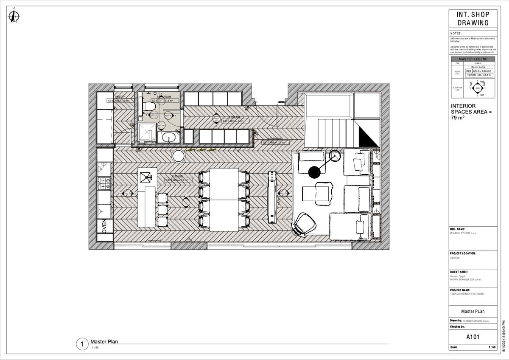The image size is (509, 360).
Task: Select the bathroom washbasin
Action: (x=168, y=138)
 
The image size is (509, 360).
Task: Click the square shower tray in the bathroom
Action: (x=147, y=134)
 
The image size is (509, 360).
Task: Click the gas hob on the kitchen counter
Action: (x=104, y=183)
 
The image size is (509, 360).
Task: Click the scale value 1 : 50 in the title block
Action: (x=492, y=347)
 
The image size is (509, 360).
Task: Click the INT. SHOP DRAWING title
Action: (x=473, y=19)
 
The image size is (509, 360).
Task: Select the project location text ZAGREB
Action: (x=455, y=257)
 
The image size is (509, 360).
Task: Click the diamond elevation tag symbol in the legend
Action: (x=478, y=88)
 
